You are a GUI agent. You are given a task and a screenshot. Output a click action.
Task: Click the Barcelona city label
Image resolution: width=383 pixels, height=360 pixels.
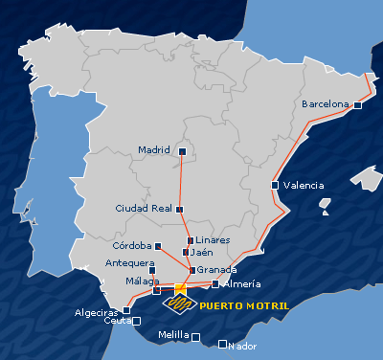click(x=326, y=103)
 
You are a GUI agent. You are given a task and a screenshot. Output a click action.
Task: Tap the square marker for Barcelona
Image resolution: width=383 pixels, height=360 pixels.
click(x=357, y=105)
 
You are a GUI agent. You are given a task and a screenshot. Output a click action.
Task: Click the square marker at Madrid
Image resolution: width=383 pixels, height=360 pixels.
click(x=179, y=150)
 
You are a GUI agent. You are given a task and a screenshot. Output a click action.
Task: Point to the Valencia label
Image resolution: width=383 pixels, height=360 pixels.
click(x=304, y=185)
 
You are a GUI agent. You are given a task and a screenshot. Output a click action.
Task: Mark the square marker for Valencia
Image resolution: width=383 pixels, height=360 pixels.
click(x=276, y=185)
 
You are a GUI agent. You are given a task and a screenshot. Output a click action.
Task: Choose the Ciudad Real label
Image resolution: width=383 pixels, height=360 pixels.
click(x=143, y=208)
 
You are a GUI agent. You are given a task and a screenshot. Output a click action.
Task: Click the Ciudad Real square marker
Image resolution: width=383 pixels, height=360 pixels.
click(x=180, y=209)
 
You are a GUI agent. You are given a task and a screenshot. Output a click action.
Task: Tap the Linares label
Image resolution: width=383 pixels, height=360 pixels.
click(x=213, y=239)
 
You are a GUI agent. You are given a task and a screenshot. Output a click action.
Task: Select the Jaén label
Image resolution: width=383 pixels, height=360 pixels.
click(x=201, y=252)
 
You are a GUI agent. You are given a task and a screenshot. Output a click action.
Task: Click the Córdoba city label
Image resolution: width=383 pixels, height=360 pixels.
click(x=131, y=246)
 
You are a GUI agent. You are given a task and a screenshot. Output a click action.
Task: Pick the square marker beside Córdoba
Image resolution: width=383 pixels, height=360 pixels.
click(x=157, y=246)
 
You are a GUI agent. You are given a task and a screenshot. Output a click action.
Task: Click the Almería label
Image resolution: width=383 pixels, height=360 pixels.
click(x=240, y=283)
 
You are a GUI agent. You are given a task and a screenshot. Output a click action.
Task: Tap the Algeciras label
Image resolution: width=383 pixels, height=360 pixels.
click(x=97, y=312)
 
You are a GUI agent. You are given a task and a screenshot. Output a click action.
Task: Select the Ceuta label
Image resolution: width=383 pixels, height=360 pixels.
click(x=117, y=321)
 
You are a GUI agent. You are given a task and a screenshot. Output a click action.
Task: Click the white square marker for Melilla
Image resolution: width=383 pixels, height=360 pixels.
click(x=196, y=337)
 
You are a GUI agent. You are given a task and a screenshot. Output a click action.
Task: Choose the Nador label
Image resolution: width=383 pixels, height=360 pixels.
click(x=244, y=345)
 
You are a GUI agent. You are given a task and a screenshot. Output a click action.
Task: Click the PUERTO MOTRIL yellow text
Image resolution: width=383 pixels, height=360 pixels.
click(x=244, y=305)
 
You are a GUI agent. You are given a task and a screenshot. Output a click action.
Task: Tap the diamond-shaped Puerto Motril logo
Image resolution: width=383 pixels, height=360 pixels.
click(x=179, y=304)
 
